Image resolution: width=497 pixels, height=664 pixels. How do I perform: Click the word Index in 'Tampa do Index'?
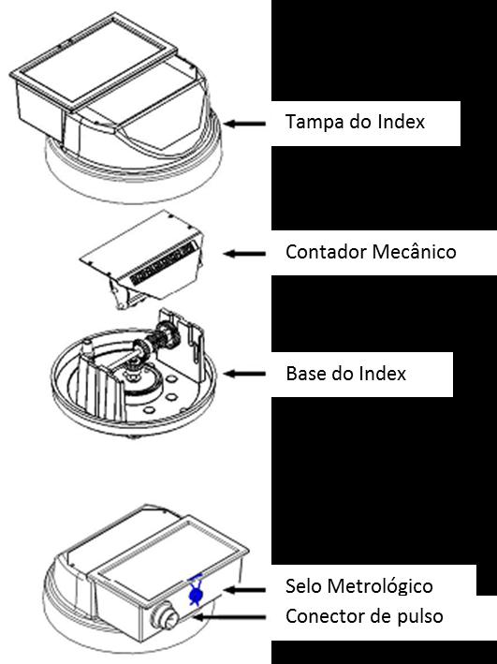402,122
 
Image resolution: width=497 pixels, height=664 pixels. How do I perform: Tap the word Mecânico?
414,251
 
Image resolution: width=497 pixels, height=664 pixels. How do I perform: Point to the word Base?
304,374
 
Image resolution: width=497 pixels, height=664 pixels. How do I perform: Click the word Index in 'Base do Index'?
383,374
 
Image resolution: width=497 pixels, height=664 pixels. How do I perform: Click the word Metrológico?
380,587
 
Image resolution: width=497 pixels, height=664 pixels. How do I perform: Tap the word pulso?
420,617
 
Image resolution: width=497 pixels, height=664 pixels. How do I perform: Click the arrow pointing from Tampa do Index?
244,124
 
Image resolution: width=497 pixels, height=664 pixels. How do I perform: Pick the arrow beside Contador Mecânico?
244,254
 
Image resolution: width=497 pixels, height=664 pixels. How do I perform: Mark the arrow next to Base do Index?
244,374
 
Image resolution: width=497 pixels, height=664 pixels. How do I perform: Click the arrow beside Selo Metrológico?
244,589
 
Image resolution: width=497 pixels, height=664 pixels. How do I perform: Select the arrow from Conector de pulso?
228,617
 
